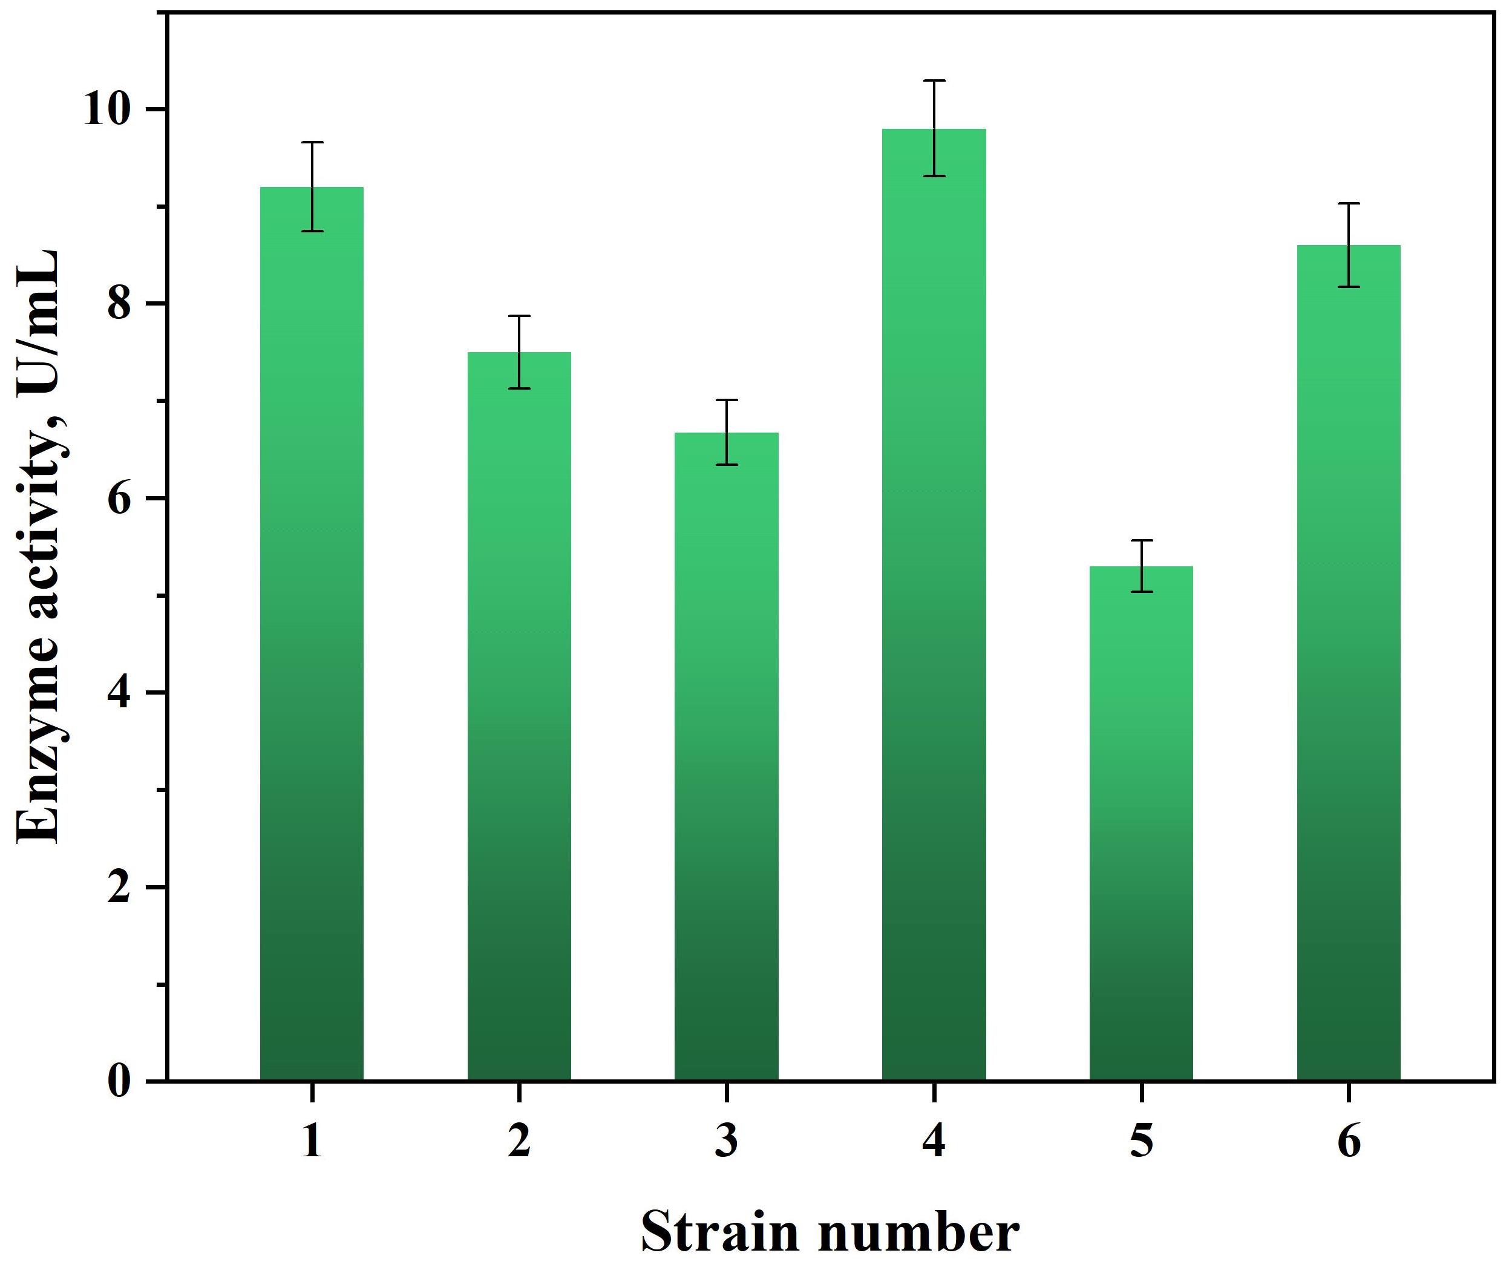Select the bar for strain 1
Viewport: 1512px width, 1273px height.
click(x=311, y=635)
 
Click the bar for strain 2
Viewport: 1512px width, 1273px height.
click(x=519, y=718)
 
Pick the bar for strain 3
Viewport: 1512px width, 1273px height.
click(x=726, y=758)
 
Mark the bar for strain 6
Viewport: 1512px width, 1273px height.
click(x=1348, y=664)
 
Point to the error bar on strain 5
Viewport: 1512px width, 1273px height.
click(x=1141, y=566)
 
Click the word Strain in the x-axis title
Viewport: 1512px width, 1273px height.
click(x=719, y=1232)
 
